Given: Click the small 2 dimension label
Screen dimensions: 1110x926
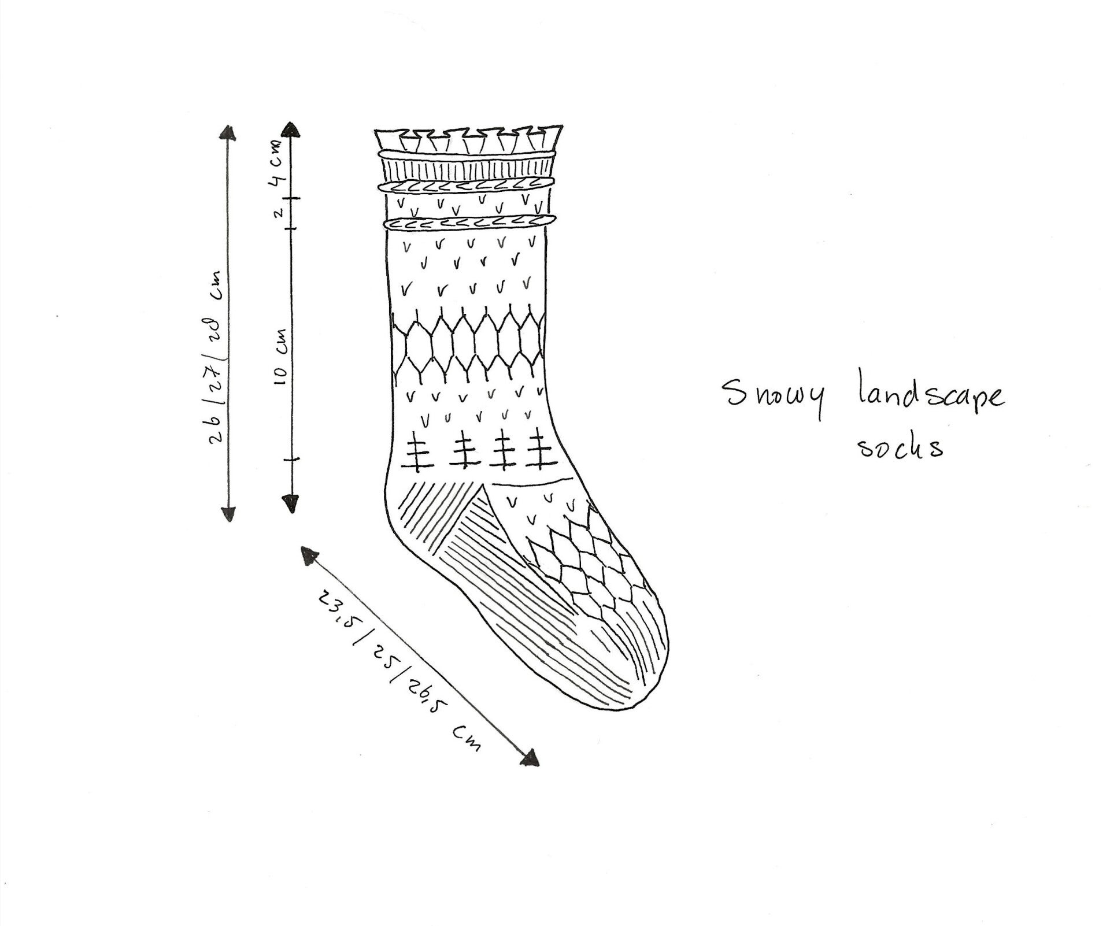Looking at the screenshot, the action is coord(279,213).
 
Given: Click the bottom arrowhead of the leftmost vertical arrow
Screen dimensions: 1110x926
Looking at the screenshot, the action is coord(228,513).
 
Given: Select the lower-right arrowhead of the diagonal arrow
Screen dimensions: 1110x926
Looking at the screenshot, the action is coord(530,758).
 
